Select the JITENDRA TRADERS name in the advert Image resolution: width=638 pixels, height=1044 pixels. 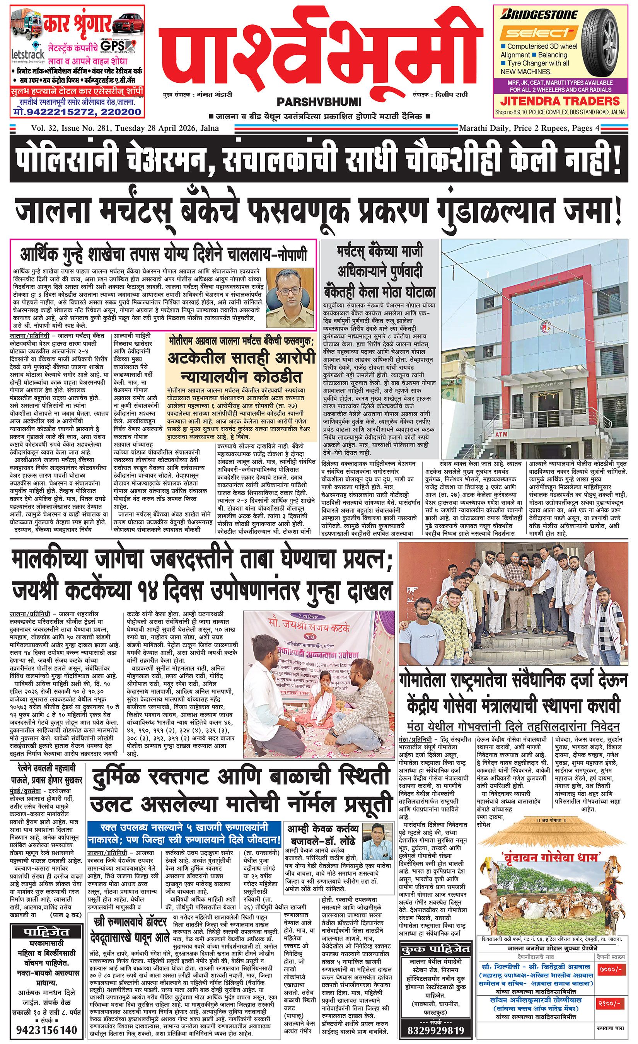tap(560, 101)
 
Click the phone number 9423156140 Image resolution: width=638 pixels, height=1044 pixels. tap(47, 1029)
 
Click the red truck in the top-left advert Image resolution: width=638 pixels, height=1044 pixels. tap(25, 27)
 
